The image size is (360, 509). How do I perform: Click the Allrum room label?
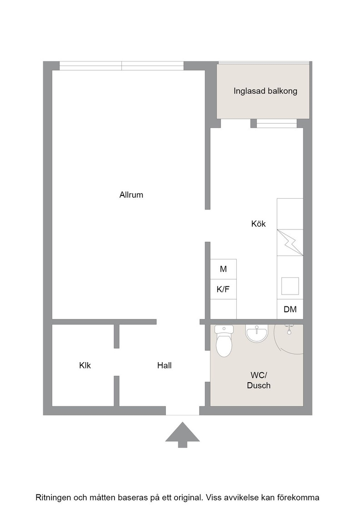coord(131,195)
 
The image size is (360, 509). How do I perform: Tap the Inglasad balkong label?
coord(265,91)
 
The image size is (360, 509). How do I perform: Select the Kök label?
coord(258,224)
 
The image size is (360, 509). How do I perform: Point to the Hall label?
coord(164,365)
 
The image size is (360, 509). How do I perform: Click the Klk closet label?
coord(85,365)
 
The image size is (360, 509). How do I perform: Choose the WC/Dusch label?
coord(259,380)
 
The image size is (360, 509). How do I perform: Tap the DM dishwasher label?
coord(290,309)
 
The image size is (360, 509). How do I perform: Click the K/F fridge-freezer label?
coord(223,289)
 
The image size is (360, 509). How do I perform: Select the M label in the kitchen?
coord(223,269)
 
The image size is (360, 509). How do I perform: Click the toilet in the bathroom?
coord(224,341)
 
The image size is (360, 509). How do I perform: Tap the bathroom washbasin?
coord(256,334)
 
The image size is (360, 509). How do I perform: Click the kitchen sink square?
coord(290,286)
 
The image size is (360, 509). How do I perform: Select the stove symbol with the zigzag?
coord(290,243)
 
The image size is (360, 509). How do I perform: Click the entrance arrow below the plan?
coord(182,434)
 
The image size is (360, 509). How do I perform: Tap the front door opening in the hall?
coord(182,411)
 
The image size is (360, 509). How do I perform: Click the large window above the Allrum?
coord(122,66)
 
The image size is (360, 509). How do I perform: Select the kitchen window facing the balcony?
coord(276,124)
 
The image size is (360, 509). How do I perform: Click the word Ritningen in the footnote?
coord(53,498)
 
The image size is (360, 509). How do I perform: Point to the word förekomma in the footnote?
coord(300,498)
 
